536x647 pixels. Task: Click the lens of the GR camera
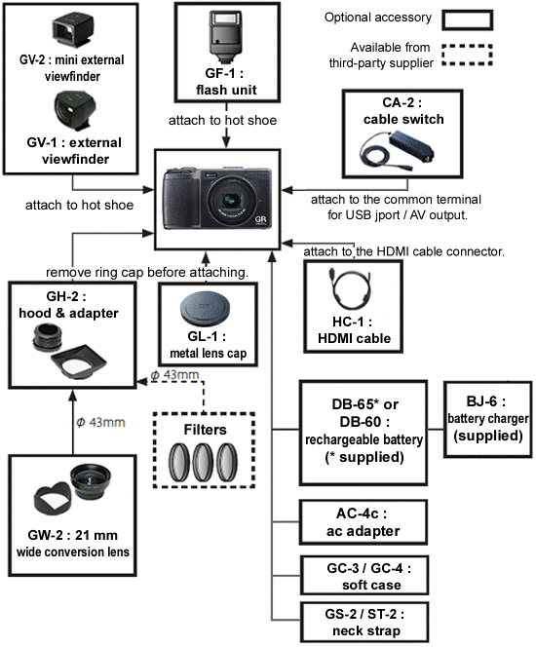[x=233, y=204]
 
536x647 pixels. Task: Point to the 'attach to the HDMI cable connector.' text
[x=403, y=251]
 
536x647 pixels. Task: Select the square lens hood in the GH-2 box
[x=82, y=362]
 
